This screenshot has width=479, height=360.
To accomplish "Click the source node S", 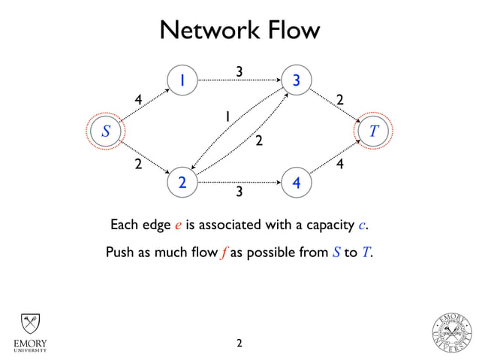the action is click(x=106, y=131).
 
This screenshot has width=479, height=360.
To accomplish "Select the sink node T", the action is click(x=373, y=131).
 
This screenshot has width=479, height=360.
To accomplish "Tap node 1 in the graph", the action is click(x=182, y=80).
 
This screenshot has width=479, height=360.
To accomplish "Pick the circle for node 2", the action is click(x=182, y=183).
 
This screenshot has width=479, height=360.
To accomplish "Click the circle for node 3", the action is click(x=297, y=80).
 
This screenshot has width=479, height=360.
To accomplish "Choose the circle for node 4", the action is click(x=297, y=183).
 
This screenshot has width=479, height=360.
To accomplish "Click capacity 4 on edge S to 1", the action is click(x=138, y=100).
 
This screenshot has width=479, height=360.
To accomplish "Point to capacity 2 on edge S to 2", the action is click(x=138, y=165).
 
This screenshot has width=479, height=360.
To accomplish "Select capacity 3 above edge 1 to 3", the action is click(x=239, y=71).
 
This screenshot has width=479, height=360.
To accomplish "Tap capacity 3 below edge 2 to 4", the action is click(x=239, y=192).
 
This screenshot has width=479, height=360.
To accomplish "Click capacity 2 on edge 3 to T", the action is click(x=339, y=100).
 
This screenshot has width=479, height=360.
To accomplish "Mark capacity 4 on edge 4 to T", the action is click(x=339, y=165).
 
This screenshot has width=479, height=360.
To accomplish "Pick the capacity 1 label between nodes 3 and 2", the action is click(x=227, y=116).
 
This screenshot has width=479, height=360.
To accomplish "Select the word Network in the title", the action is click(x=209, y=30).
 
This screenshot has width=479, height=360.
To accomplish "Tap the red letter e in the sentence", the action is click(x=178, y=225).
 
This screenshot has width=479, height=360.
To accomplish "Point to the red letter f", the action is click(x=224, y=253).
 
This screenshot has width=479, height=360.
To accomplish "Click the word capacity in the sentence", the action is click(x=330, y=225).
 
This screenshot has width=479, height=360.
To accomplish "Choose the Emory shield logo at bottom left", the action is click(x=30, y=333).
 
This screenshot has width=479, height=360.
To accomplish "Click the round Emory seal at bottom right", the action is click(x=452, y=333).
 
